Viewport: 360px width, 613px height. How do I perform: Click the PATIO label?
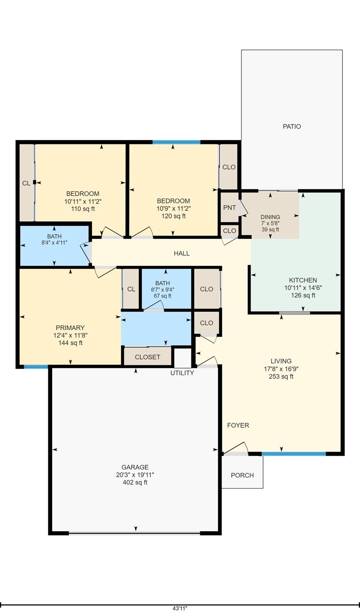coord(292,126)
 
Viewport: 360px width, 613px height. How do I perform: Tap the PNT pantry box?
coord(229,207)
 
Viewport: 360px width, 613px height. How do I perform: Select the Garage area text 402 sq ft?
coord(135,483)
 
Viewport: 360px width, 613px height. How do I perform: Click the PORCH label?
coord(242,475)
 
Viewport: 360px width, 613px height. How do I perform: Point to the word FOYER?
coord(238,425)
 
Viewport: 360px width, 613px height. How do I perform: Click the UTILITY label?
coord(182,373)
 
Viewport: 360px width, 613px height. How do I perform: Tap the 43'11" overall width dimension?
coord(180,609)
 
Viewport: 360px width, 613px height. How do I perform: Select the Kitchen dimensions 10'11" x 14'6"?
coord(303,288)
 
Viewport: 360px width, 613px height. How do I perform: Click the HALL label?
coord(181,254)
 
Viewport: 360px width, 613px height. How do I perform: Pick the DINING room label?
coord(270,217)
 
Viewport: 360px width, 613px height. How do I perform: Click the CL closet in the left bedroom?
coord(26,183)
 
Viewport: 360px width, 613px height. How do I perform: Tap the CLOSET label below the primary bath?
coord(148,357)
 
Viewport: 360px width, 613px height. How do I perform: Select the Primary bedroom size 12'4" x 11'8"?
coord(70,335)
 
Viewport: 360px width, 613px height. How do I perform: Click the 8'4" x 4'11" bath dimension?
coord(54,243)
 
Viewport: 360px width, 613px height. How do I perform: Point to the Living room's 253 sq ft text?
coord(281,377)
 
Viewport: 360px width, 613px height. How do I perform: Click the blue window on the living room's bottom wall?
coord(293,454)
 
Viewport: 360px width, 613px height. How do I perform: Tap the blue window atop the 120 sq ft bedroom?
coord(176,142)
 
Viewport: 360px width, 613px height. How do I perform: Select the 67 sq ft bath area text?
coord(163,296)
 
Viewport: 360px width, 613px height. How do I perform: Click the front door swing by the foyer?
coord(237,449)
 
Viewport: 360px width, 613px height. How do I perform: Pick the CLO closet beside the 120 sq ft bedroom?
coord(229,167)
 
